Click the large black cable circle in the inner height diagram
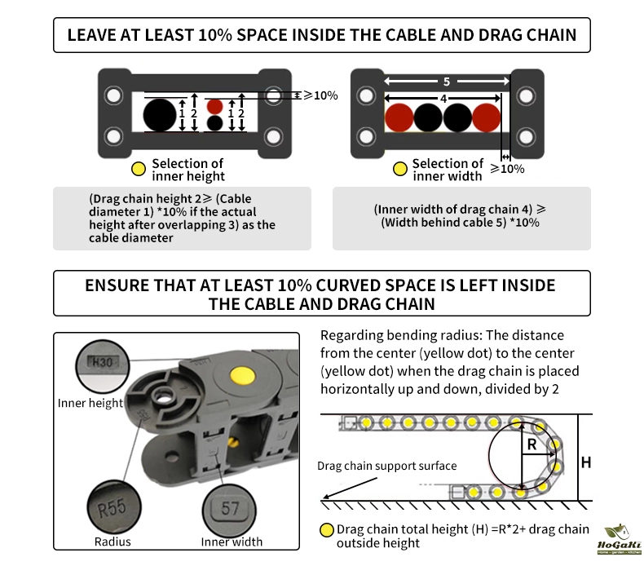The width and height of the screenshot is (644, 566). (161, 115)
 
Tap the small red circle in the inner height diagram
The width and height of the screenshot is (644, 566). (214, 106)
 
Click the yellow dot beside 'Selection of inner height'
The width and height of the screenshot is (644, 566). (138, 170)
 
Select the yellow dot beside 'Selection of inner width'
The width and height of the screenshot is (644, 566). (400, 170)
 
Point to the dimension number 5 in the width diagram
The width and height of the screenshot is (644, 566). (447, 82)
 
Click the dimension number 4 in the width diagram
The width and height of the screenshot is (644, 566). (443, 98)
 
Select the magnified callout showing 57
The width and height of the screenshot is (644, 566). (231, 508)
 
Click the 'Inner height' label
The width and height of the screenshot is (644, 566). (90, 403)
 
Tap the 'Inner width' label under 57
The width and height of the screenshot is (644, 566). (232, 542)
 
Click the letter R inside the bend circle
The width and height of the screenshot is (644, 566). (532, 444)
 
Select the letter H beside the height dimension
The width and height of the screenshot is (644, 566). (585, 462)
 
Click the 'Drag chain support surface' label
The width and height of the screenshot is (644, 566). (387, 466)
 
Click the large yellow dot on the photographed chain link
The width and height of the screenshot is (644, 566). (241, 375)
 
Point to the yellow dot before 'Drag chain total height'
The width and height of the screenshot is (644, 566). (328, 530)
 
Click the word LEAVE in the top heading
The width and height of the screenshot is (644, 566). (91, 36)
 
